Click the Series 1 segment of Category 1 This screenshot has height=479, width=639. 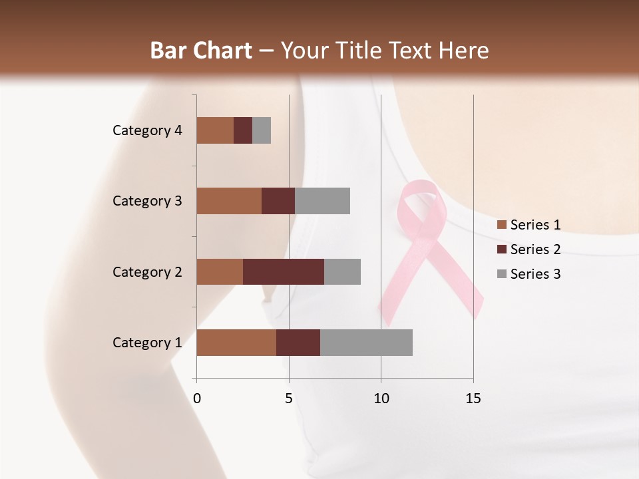236,343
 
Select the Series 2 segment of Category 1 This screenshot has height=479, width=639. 298,343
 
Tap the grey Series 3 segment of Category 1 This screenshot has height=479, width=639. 366,343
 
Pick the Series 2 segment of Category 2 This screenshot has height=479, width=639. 284,271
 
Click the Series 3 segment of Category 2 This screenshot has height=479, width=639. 342,271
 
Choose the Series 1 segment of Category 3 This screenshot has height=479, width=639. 229,201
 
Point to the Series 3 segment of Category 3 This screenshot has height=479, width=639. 322,201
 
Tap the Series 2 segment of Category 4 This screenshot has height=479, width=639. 243,130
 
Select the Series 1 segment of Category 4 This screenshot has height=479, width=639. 215,130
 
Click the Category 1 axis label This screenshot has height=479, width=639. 147,343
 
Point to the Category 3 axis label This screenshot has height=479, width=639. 147,201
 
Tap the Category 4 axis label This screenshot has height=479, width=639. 147,130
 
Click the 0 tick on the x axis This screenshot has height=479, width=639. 197,399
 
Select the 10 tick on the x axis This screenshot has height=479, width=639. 381,399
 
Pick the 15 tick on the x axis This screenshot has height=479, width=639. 473,399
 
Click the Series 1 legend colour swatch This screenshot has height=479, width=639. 501,225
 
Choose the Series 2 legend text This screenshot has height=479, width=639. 535,249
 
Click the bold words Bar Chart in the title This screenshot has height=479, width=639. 200,51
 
